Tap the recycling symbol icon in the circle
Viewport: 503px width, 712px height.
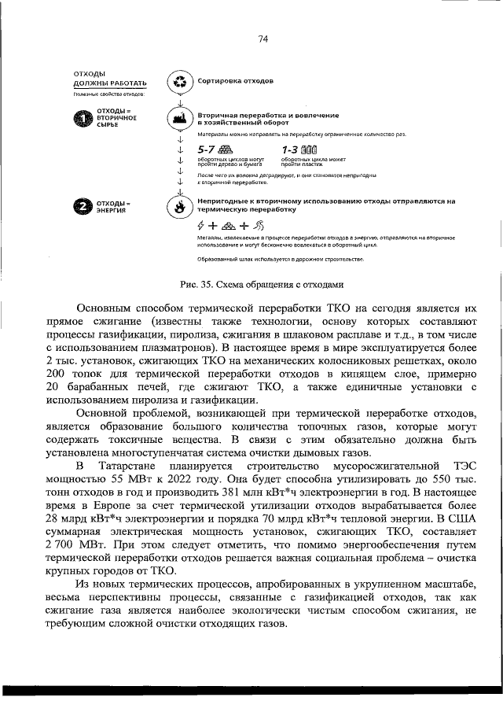click(179, 81)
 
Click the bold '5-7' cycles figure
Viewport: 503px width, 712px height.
click(208, 149)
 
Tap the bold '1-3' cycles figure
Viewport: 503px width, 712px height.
click(292, 149)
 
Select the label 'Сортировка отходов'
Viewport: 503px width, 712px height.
click(235, 81)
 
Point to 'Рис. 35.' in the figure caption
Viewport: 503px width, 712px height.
click(193, 284)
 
